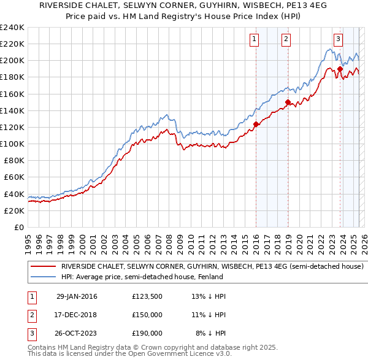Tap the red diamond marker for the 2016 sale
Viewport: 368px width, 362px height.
256,124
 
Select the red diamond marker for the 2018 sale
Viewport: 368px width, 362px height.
287,102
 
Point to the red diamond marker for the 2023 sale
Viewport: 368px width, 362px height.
340,69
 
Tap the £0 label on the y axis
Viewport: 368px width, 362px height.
18,227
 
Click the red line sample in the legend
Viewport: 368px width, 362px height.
43,267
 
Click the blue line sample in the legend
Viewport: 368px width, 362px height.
43,277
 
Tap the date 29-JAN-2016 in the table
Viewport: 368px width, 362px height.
77,296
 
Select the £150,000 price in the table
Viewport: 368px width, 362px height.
147,315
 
